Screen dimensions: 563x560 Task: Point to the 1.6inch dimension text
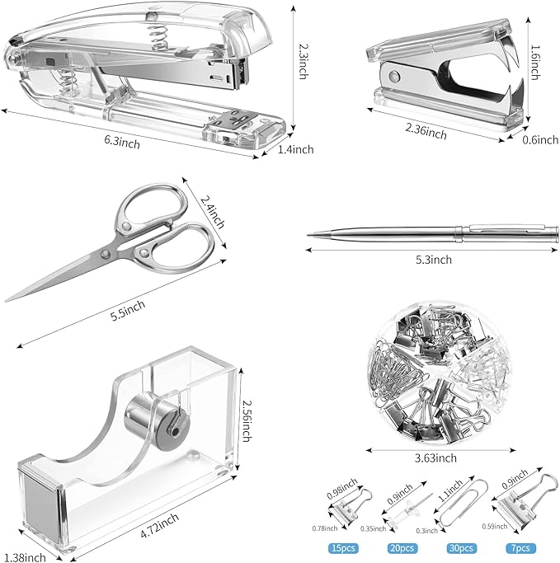coord(535,62)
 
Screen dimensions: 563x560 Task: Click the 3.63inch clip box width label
coord(435,458)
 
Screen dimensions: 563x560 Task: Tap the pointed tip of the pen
coord(310,233)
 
